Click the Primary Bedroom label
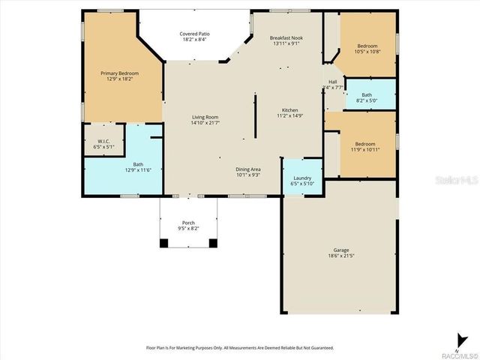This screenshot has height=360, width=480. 120,73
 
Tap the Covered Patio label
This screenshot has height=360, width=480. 193,34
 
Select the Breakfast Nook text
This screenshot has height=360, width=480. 286,37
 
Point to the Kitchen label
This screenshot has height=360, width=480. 289,109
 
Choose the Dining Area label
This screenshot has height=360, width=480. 248,169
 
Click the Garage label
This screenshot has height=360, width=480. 341,250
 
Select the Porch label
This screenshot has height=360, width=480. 188,223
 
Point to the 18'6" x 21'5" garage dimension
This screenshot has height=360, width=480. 341,256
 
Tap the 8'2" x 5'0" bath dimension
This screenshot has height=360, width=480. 366,100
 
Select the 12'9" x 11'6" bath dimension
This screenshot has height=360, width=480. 139,170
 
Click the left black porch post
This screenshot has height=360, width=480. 164,242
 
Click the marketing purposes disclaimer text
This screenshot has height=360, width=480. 239,348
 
